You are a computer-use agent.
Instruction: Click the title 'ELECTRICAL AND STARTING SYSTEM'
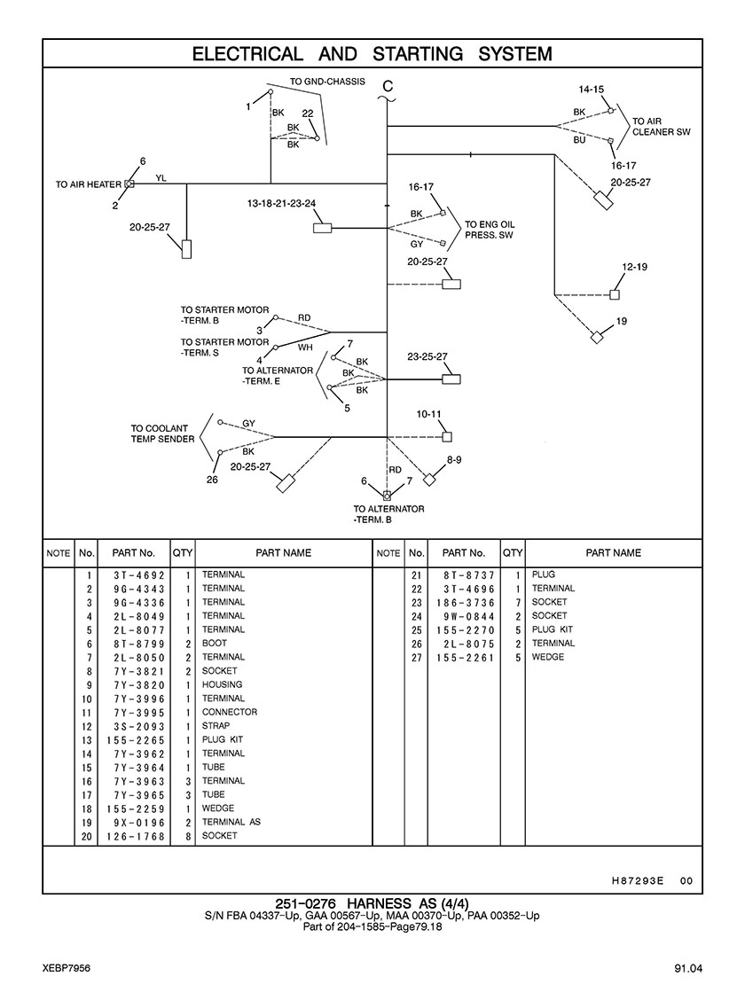pos(372,54)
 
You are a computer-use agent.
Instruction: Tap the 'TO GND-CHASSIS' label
pos(327,82)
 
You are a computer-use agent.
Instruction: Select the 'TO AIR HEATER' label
pos(89,184)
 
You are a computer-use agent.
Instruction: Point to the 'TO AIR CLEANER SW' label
pos(661,127)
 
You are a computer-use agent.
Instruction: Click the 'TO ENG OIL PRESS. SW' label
pos(490,230)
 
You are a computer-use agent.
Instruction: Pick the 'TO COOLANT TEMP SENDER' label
pos(162,434)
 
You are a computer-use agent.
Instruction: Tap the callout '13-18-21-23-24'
pos(281,204)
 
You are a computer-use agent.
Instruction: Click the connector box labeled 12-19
pos(615,294)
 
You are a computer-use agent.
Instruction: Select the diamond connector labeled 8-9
pos(430,480)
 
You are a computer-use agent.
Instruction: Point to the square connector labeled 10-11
pos(448,436)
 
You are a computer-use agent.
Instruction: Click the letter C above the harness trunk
pos(387,86)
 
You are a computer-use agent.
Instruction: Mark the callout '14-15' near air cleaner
pos(592,90)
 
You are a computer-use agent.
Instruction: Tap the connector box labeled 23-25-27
pos(451,379)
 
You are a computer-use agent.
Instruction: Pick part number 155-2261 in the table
pos(465,658)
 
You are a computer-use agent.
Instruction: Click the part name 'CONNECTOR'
pos(230,713)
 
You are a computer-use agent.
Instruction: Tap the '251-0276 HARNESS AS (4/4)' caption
pos(372,903)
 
